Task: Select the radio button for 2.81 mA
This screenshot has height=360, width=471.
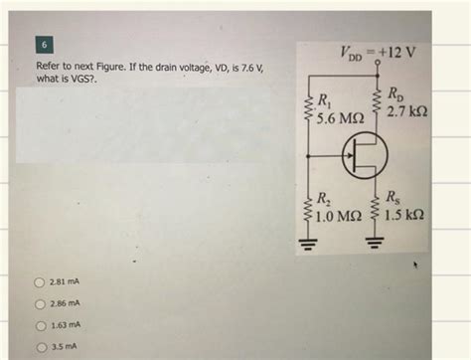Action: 41,281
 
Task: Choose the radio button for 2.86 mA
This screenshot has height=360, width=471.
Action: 41,303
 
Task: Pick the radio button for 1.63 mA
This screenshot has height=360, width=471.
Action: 41,325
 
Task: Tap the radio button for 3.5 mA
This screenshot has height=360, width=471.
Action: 41,347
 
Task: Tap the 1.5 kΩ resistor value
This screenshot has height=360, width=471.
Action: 408,214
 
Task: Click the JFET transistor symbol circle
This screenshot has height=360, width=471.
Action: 361,154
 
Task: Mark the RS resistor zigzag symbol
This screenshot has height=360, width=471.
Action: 378,206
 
